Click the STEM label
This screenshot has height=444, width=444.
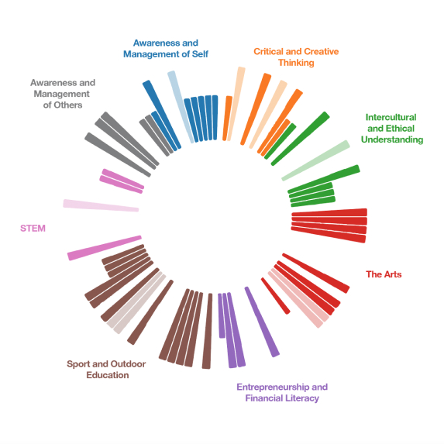pos(33,229)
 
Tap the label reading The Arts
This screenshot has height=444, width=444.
pos(384,274)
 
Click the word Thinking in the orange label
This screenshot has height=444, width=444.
pos(296,63)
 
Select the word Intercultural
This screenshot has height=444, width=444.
pos(391,117)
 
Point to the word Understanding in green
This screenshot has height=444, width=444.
pos(392,139)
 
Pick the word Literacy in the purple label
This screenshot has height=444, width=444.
pos(302,398)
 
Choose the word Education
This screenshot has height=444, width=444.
pos(108,375)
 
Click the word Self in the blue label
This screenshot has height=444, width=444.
pos(200,54)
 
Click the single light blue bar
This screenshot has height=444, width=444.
pos(181,107)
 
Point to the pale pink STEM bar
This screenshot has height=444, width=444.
pos(101,205)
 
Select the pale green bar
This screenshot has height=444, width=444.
pos(315,160)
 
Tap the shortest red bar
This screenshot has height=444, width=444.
pos(276,296)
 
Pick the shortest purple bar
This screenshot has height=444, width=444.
pos(222,315)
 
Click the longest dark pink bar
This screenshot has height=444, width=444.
pos(105,248)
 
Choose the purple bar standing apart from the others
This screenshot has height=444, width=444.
pos(262,322)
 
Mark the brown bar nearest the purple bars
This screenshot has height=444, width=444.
pos(207,331)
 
